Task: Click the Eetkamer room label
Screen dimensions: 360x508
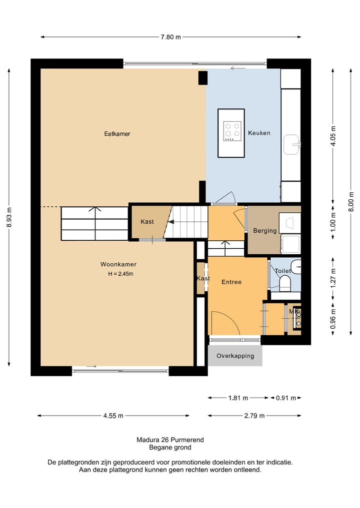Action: coord(117,133)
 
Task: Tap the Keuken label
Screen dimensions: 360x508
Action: coord(259,133)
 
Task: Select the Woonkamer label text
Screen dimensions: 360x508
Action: coord(118,264)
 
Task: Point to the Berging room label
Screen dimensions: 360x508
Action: coord(265,231)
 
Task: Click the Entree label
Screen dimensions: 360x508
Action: coord(231,282)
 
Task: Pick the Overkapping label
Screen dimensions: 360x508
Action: coord(235,356)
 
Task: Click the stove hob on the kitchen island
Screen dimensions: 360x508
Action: coord(232,131)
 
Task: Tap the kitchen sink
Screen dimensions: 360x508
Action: coord(292,144)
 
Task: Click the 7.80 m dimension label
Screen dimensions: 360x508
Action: coord(171,37)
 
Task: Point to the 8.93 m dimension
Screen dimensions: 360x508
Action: coord(9,217)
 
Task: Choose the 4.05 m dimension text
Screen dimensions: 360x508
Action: coord(333,136)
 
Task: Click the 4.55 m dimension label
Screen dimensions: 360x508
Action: coord(113,416)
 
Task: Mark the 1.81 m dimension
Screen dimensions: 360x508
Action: coord(238,398)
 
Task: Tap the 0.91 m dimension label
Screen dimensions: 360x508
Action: coord(285,398)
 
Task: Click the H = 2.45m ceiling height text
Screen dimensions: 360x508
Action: coord(120,274)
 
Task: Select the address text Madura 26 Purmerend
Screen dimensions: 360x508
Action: coord(170,440)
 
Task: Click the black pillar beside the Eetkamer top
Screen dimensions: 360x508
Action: coord(202,78)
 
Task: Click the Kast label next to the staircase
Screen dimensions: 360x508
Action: coord(147,222)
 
